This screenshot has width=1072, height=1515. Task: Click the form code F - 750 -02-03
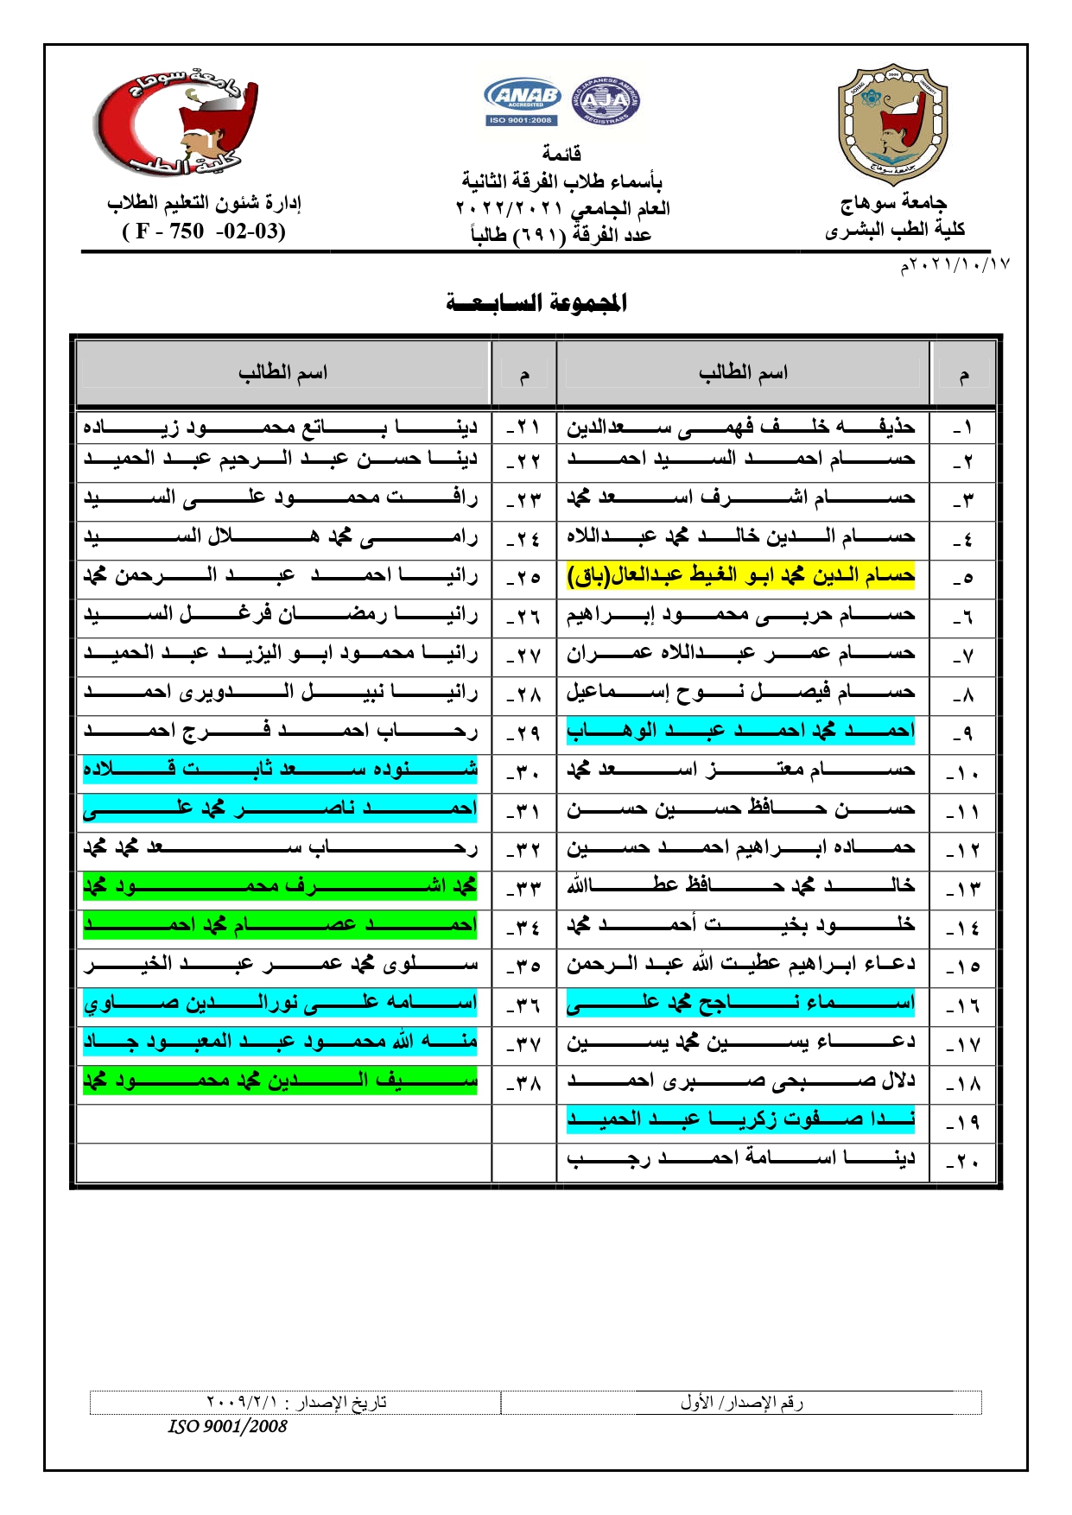[204, 231]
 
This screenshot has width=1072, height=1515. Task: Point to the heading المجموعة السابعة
[536, 302]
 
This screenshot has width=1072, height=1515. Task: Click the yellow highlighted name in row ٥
[740, 575]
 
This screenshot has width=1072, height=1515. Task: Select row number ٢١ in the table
[523, 427]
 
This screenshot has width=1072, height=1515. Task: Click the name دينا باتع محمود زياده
[281, 427]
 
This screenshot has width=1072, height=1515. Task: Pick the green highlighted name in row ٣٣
[281, 886]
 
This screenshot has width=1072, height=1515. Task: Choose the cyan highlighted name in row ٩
[740, 731]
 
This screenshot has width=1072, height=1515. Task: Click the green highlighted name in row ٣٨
[281, 1081]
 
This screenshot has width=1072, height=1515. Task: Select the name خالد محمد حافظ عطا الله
[740, 886]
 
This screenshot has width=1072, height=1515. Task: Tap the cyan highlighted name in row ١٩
[740, 1119]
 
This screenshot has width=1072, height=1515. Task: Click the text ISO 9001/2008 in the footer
[228, 1426]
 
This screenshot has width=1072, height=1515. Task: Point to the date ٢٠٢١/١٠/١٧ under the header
[955, 265]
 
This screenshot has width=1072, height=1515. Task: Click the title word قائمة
[561, 154]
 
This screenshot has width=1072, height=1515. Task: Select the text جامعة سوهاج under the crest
[893, 203]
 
